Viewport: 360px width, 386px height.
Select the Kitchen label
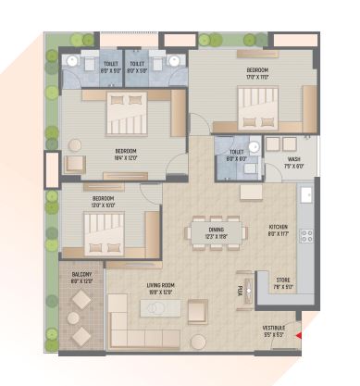click(x=278, y=227)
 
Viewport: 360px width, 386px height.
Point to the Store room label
click(x=281, y=280)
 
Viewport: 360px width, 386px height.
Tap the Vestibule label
click(x=273, y=327)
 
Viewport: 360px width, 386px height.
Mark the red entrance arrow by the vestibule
click(x=297, y=336)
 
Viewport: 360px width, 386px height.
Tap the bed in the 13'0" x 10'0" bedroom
click(x=104, y=231)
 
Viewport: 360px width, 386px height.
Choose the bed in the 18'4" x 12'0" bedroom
click(x=126, y=114)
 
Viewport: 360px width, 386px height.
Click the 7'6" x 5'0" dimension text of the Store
click(x=281, y=287)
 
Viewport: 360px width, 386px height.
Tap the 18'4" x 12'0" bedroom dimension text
click(x=126, y=156)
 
